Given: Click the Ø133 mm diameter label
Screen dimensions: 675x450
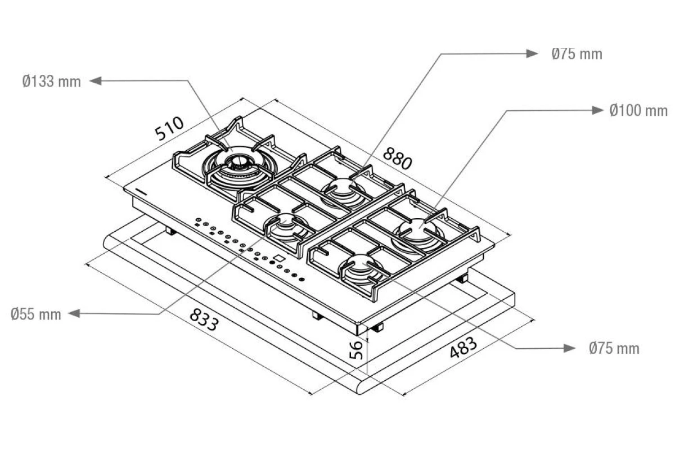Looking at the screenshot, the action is (x=52, y=82).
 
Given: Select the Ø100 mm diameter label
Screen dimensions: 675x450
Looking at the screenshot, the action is (x=638, y=111).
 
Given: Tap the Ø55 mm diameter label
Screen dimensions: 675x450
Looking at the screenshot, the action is (x=36, y=314).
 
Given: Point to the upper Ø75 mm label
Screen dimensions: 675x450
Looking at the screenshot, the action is (x=577, y=54).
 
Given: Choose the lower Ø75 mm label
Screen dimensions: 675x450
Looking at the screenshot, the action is (x=614, y=348).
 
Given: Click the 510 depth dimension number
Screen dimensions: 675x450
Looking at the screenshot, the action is (x=169, y=128).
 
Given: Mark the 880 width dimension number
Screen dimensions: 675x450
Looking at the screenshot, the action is (x=397, y=159).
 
